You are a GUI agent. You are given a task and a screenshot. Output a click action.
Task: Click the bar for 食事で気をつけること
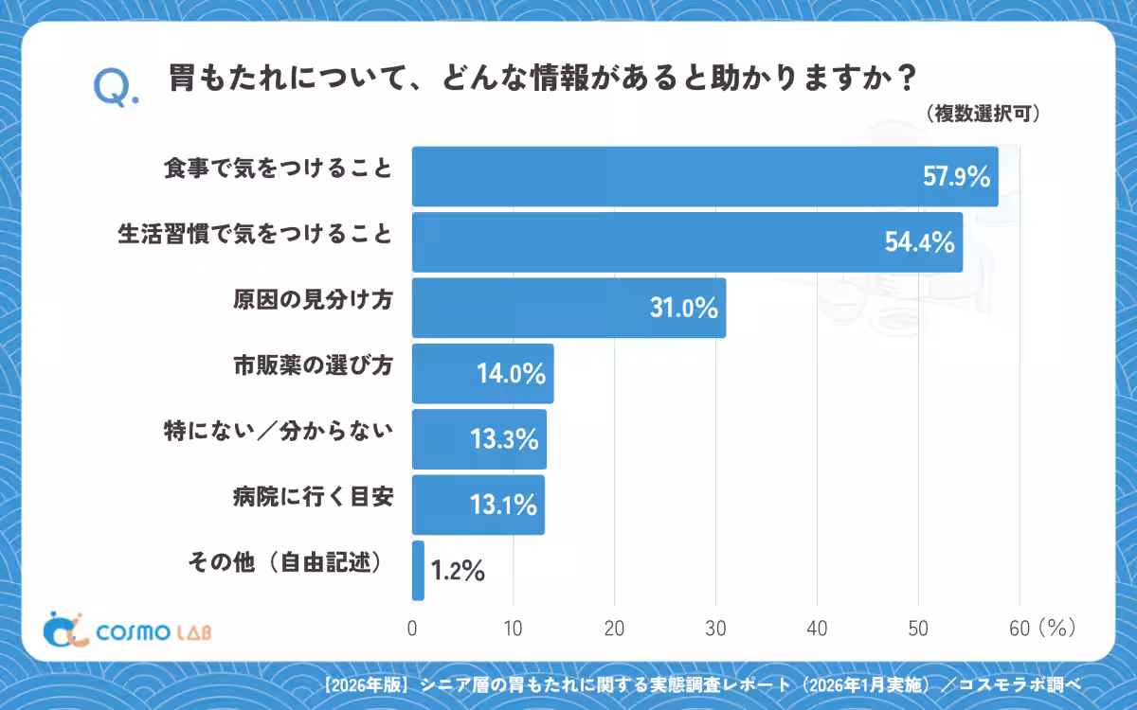pyautogui.click(x=705, y=176)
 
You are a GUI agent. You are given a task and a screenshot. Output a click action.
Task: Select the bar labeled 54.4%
pyautogui.click(x=687, y=242)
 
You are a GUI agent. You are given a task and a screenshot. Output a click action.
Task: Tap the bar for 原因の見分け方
pyautogui.click(x=569, y=308)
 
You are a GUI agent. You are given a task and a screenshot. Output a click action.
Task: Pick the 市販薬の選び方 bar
pyautogui.click(x=482, y=373)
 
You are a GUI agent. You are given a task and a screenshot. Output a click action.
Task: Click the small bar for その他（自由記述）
pyautogui.click(x=418, y=571)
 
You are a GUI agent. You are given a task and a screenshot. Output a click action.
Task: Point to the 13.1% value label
pyautogui.click(x=503, y=505)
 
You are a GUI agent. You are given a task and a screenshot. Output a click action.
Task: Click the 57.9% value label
pyautogui.click(x=956, y=176)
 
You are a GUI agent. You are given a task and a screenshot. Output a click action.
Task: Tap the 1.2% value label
pyautogui.click(x=458, y=571)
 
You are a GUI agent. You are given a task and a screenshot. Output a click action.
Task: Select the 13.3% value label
pyautogui.click(x=504, y=439)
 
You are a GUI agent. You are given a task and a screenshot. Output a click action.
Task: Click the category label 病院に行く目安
pyautogui.click(x=314, y=496)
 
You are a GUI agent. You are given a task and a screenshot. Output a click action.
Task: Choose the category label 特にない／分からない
pyautogui.click(x=279, y=431)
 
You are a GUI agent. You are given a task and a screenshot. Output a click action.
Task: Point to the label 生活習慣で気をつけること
pyautogui.click(x=255, y=235)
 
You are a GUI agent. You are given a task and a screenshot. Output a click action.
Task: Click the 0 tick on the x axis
pyautogui.click(x=412, y=629)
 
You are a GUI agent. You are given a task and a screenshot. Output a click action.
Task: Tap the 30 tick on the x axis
pyautogui.click(x=715, y=629)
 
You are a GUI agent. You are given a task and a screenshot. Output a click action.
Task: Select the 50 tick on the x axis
pyautogui.click(x=918, y=629)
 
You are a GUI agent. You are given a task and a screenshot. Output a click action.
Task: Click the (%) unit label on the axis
pyautogui.click(x=1057, y=628)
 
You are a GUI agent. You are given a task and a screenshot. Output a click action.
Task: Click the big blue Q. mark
pyautogui.click(x=116, y=88)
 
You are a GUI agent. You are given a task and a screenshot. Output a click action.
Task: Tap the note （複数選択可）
pyautogui.click(x=983, y=114)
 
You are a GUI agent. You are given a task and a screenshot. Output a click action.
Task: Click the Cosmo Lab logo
pyautogui.click(x=127, y=630)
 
